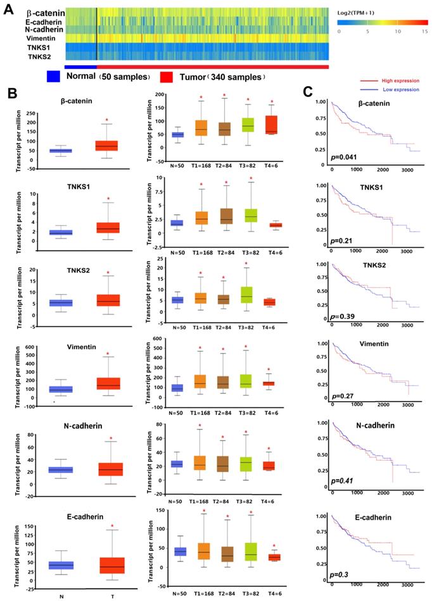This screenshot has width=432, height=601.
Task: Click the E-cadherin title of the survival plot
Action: click(363, 516)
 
